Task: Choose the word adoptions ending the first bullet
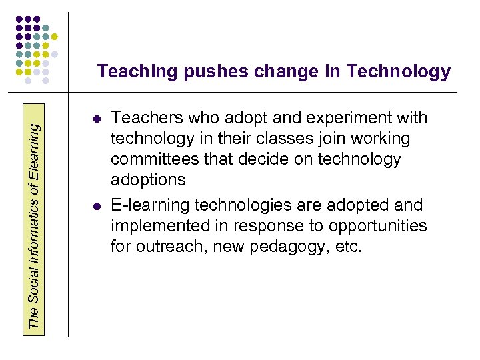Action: pyautogui.click(x=147, y=180)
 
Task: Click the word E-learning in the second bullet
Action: pyautogui.click(x=145, y=205)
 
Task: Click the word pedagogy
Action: pyautogui.click(x=290, y=247)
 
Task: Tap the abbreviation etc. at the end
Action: pyautogui.click(x=348, y=247)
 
